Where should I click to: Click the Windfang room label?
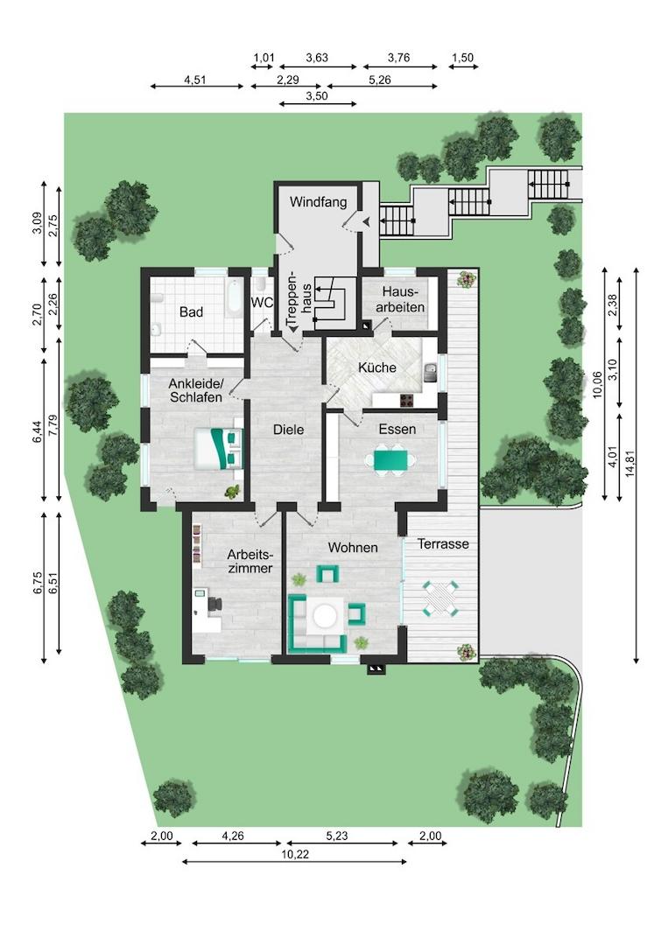click(318, 202)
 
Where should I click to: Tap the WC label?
click(262, 303)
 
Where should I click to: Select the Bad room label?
click(191, 312)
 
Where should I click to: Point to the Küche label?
click(376, 367)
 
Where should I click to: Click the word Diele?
click(288, 430)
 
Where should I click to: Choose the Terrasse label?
click(443, 543)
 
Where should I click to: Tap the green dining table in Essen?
click(390, 460)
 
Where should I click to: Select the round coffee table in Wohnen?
click(324, 615)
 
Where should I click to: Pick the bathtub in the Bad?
click(233, 297)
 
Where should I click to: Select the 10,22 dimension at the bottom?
click(295, 854)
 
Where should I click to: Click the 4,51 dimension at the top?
click(195, 80)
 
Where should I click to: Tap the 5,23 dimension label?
click(336, 836)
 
